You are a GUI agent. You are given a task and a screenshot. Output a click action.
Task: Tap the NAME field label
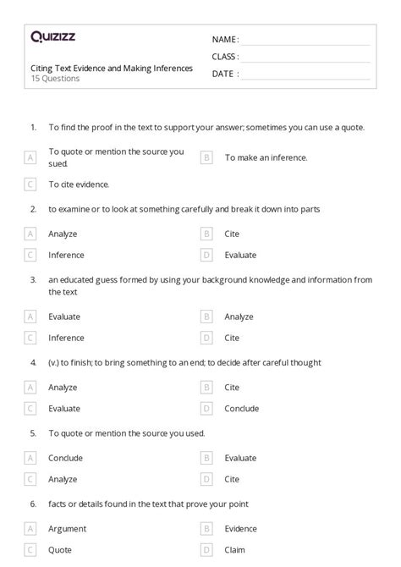(225, 40)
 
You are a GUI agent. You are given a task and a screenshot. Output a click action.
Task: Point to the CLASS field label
(225, 57)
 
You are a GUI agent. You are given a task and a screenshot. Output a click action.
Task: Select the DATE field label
(224, 74)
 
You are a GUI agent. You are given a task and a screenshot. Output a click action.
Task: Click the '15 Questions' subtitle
(55, 79)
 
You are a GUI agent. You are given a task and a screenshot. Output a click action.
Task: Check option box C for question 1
(30, 184)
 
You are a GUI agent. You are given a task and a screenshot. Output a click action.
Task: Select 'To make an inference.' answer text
(266, 157)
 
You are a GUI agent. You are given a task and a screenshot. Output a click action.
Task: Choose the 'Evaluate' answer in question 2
(241, 255)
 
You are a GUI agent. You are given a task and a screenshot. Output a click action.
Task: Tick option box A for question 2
(30, 234)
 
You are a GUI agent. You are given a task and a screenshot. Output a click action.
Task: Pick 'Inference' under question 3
(66, 338)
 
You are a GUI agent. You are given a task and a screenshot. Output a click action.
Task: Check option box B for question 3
(206, 317)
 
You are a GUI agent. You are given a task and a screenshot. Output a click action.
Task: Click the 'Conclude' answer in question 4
(242, 408)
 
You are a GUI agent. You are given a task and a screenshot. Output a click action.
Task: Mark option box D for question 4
(206, 408)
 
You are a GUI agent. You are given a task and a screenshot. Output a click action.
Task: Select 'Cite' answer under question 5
(232, 478)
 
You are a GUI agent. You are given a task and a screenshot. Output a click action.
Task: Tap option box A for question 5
(30, 458)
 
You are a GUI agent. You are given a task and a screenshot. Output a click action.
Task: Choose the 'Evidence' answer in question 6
(241, 528)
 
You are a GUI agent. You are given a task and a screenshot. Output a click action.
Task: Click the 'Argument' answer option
(68, 528)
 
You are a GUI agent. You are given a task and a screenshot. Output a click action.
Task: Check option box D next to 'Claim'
(206, 548)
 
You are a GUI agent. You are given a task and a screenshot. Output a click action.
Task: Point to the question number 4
(33, 362)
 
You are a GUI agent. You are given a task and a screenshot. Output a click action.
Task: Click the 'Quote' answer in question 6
(61, 548)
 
